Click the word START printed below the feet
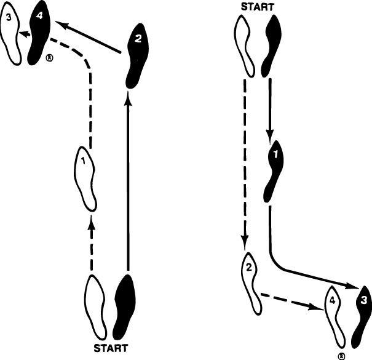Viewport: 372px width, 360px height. (111, 348)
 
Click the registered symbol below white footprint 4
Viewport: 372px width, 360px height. (342, 356)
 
